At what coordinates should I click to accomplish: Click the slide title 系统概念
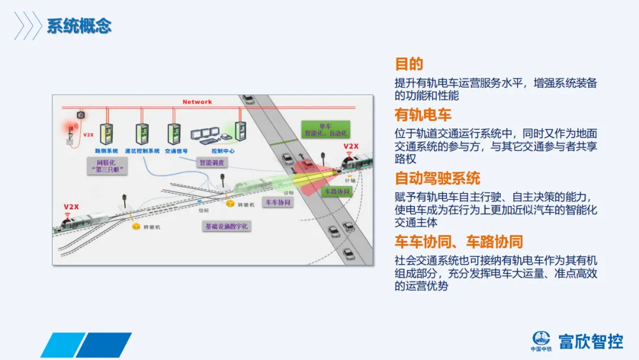79,27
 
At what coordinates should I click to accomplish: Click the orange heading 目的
409,64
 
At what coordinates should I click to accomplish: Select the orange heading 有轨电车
423,114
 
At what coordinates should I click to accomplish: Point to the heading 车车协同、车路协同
459,242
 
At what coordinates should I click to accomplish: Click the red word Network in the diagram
197,102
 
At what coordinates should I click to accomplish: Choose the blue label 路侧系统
106,151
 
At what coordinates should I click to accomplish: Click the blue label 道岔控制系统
142,151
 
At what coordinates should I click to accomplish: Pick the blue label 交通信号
176,151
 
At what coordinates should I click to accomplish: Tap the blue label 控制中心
224,151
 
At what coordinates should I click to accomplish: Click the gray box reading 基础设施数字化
227,226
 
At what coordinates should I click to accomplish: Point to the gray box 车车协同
277,202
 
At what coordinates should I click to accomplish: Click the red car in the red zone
306,165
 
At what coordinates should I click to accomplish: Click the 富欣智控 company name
590,341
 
